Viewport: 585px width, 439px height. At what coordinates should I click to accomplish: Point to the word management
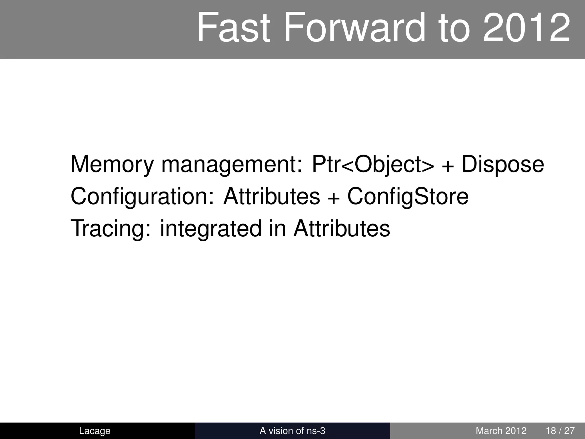click(231, 164)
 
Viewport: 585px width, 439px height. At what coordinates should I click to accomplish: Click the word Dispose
click(503, 164)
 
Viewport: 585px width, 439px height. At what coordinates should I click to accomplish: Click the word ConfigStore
click(408, 197)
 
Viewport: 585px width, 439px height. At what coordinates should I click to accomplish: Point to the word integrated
click(211, 229)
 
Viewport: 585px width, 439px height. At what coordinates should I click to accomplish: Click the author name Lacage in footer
click(95, 431)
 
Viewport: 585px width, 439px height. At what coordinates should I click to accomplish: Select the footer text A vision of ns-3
click(292, 431)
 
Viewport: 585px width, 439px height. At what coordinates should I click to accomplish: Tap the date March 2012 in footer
click(501, 431)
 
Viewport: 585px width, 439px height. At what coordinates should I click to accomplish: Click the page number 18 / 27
click(560, 431)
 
